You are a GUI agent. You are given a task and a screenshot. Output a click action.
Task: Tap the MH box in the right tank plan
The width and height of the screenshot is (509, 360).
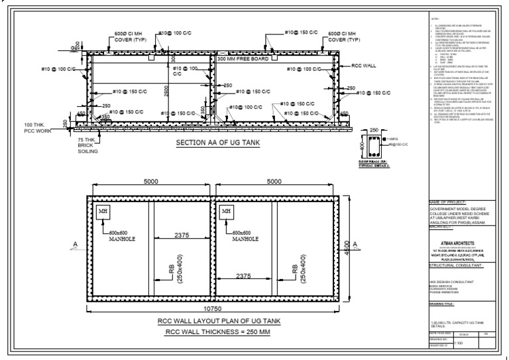click(x=226, y=211)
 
